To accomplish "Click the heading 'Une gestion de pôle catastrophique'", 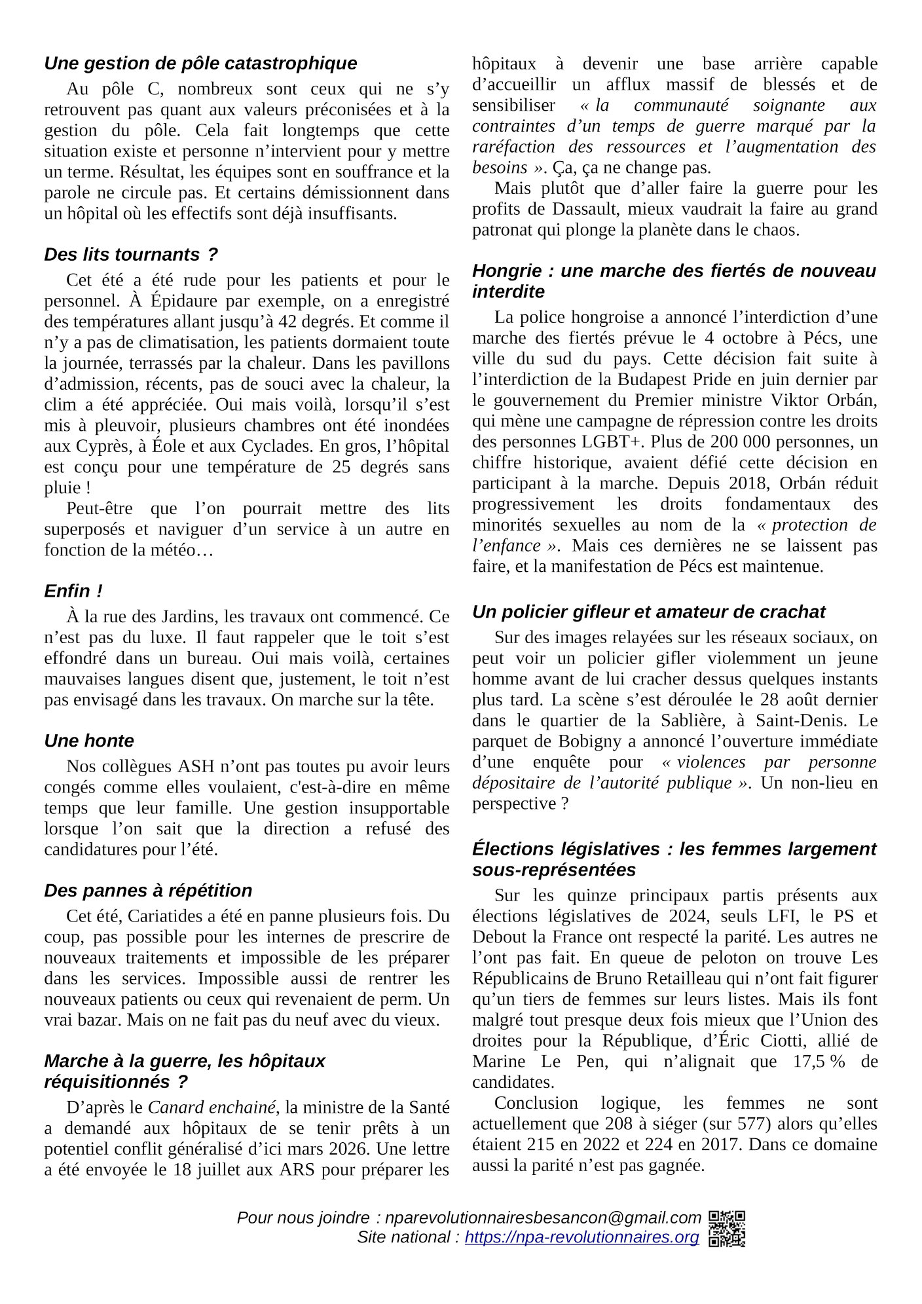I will coord(200,64).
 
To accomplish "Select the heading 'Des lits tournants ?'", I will coord(130,254).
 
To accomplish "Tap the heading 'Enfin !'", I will coord(73,591).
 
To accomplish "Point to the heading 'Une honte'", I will coord(88,741).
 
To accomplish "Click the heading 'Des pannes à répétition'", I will coord(148,891).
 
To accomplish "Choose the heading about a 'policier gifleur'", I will coord(648,612).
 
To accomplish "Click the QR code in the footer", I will coord(727,1229).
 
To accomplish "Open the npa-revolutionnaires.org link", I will coord(581,1237).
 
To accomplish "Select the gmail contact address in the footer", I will coord(543,1218).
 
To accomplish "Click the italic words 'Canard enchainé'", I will coord(212,1108).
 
